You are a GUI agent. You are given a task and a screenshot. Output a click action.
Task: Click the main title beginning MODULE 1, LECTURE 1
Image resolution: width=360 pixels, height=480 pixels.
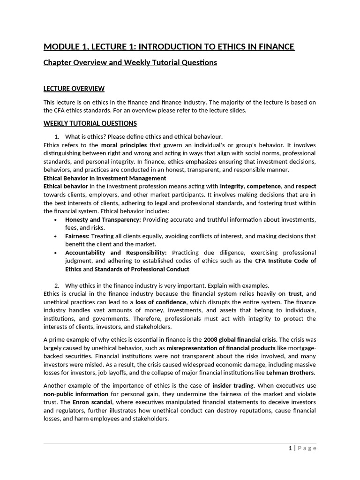click(169, 46)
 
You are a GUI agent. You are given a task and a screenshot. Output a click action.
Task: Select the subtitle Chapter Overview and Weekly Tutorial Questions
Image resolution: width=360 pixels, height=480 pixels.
click(130, 62)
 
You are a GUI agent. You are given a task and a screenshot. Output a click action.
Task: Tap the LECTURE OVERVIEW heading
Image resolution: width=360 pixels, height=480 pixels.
click(74, 89)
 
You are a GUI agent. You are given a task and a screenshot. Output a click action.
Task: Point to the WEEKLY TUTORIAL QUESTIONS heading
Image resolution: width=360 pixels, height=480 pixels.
click(90, 123)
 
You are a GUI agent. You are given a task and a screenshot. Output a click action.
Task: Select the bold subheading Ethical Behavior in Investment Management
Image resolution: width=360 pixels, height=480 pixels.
click(105, 178)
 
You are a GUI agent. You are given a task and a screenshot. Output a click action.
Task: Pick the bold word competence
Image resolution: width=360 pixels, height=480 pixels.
click(263, 187)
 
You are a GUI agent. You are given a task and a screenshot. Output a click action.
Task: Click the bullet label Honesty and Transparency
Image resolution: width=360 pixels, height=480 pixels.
click(103, 219)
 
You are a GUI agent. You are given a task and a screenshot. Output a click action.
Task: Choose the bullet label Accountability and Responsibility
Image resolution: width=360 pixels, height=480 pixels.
click(116, 253)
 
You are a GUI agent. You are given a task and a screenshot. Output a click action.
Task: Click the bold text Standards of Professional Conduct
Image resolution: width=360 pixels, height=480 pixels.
click(142, 269)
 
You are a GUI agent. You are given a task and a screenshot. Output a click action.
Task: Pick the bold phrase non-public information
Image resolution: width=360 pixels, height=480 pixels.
click(75, 394)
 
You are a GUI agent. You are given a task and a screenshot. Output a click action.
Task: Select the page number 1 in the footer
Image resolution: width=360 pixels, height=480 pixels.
click(290, 448)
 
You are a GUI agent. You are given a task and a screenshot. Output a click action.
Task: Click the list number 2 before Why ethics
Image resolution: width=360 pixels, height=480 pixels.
click(56, 285)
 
